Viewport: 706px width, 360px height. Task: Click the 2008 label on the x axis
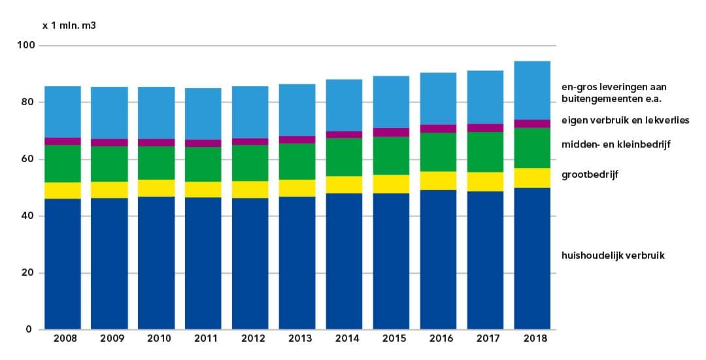pyautogui.click(x=65, y=338)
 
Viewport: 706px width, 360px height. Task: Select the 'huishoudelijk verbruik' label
pyautogui.click(x=613, y=255)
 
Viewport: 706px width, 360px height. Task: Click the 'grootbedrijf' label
pyautogui.click(x=590, y=175)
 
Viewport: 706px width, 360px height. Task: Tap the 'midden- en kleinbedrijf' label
pyautogui.click(x=616, y=144)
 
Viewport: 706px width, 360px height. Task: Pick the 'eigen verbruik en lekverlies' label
pyautogui.click(x=625, y=120)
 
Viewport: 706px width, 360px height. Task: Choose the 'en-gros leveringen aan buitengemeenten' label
pyautogui.click(x=614, y=93)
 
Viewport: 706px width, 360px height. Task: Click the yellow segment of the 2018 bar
pyautogui.click(x=532, y=178)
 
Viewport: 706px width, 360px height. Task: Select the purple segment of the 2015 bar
pyautogui.click(x=391, y=132)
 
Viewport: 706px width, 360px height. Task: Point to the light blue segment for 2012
pyautogui.click(x=250, y=112)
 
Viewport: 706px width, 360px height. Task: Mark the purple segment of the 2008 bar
pyautogui.click(x=63, y=141)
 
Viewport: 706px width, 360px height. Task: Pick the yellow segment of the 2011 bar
pyautogui.click(x=203, y=189)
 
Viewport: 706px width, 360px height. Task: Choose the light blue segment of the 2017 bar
pyautogui.click(x=485, y=97)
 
